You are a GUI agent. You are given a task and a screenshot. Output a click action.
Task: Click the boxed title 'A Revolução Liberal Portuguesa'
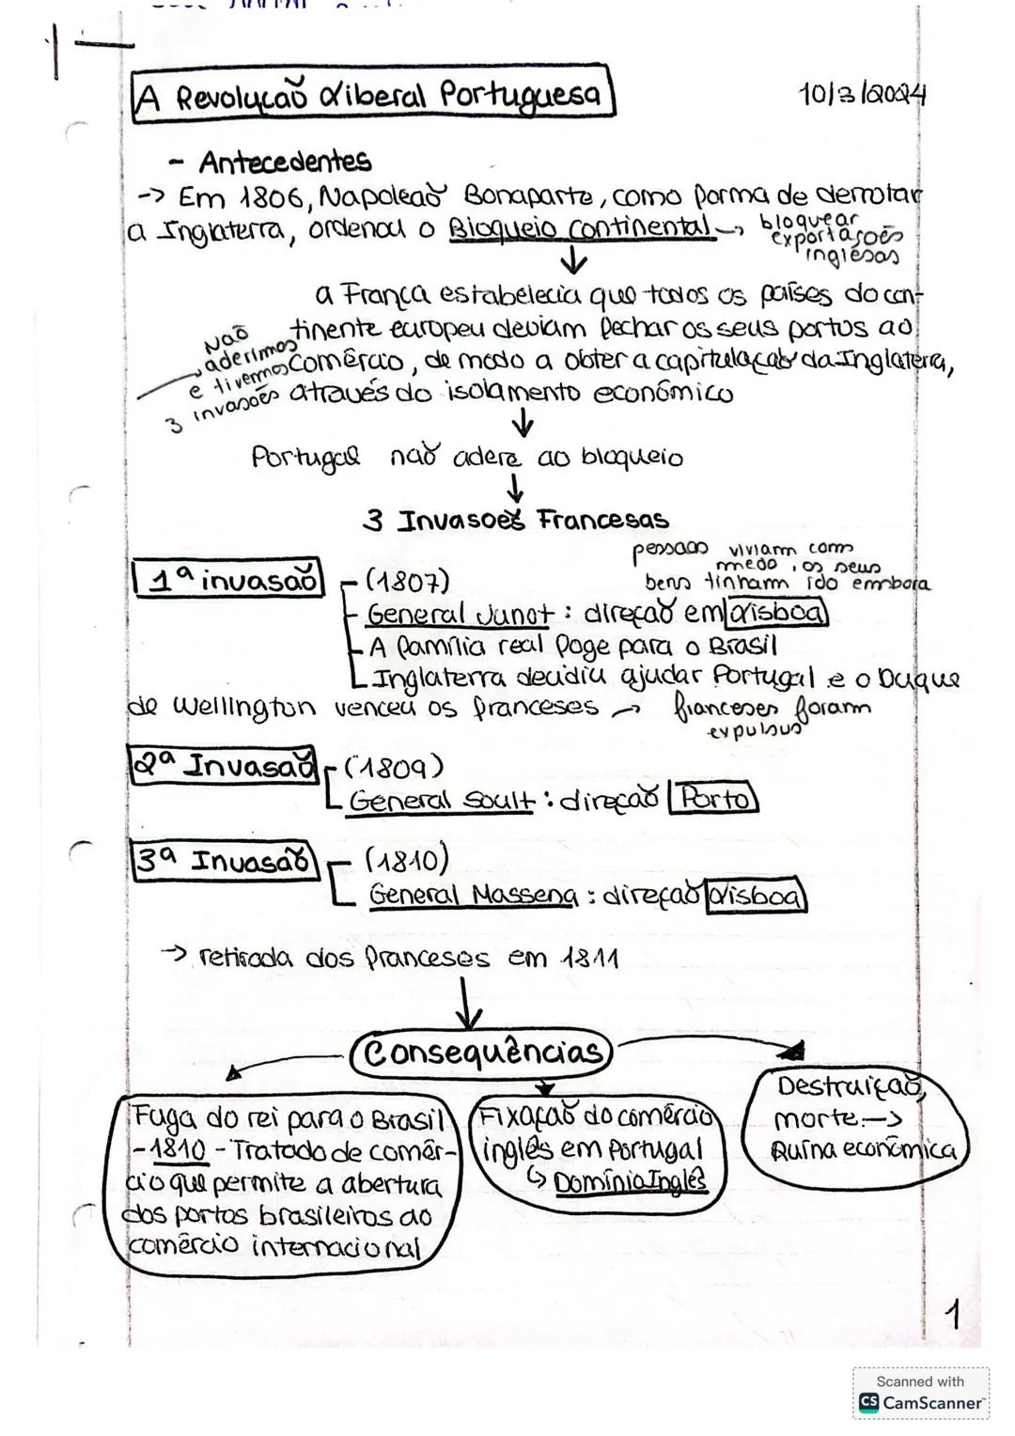click(x=371, y=94)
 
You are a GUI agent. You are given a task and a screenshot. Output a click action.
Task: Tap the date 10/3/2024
click(x=862, y=94)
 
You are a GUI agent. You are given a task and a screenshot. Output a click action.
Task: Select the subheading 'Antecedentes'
click(x=284, y=162)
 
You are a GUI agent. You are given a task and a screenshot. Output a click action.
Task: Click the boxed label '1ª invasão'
click(x=227, y=579)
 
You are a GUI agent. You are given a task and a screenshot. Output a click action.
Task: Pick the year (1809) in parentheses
click(x=393, y=768)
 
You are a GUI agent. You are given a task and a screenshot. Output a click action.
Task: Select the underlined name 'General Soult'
click(x=441, y=802)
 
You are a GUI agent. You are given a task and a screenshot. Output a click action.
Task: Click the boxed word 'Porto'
click(x=713, y=799)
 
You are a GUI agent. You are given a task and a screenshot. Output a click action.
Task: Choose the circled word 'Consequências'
click(x=482, y=1052)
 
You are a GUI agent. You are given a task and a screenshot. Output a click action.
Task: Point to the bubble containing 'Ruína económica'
click(x=854, y=1121)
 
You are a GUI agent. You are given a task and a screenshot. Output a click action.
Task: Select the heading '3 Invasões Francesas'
click(x=516, y=520)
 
